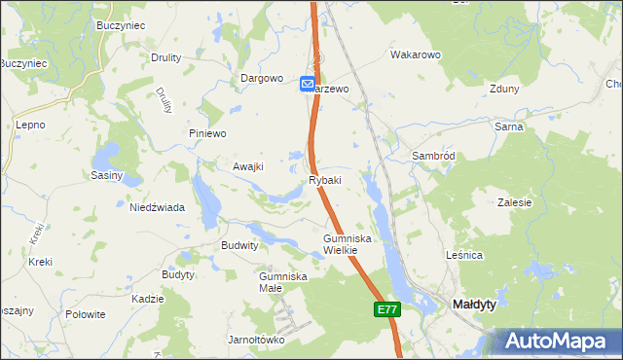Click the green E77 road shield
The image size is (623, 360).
tap(386, 309)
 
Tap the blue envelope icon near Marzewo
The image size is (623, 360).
tap(308, 86)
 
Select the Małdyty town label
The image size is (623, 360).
tap(475, 305)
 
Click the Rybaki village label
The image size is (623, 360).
tap(325, 180)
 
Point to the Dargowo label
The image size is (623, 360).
tap(262, 79)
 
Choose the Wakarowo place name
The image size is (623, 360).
tap(417, 55)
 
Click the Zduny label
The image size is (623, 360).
tap(505, 88)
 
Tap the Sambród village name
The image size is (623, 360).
tap(434, 156)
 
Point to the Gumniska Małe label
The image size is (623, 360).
tap(283, 282)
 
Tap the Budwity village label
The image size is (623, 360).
tap(240, 246)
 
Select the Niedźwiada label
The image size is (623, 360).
tap(158, 207)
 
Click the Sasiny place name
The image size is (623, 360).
tap(106, 175)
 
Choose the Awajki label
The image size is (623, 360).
tap(248, 166)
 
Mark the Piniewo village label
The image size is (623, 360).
tap(206, 133)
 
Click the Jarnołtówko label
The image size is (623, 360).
tap(256, 340)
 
